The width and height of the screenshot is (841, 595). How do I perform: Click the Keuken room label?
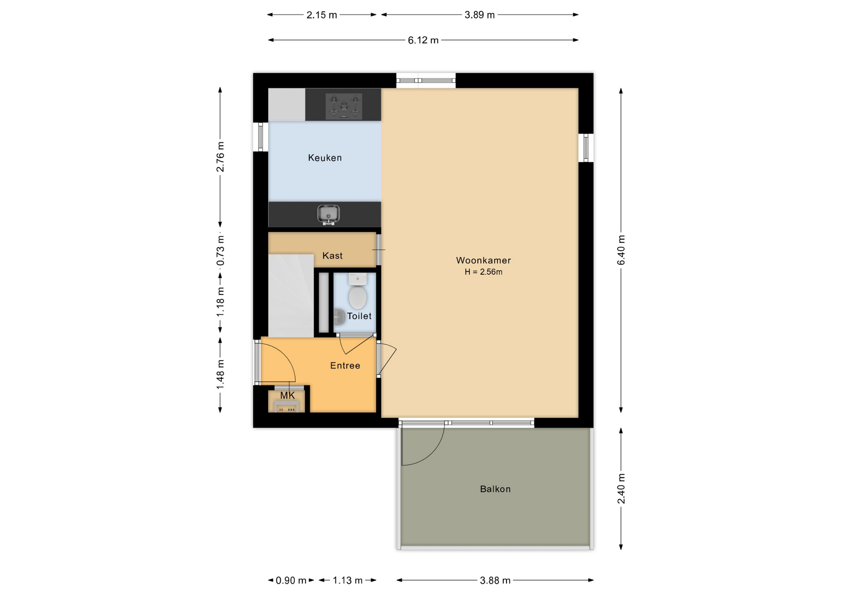point(325,158)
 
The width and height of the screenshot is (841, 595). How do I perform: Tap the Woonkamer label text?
point(484,260)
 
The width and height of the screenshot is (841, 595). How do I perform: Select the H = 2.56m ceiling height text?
point(484,272)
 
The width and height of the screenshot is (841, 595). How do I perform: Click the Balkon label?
point(495,489)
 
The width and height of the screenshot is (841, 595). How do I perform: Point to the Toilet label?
point(359,316)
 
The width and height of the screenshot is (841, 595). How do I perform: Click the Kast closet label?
point(332,256)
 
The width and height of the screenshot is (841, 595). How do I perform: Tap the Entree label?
point(345,365)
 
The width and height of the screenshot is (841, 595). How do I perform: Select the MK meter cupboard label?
point(287,396)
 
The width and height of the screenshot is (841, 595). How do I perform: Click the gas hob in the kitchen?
point(344,106)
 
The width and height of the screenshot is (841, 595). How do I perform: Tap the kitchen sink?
point(329,215)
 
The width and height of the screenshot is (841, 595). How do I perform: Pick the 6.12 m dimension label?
point(423,40)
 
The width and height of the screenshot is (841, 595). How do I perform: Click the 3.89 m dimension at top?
point(480,15)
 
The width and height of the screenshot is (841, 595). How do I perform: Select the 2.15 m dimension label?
point(322,15)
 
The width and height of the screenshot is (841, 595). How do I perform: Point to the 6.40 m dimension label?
point(621,250)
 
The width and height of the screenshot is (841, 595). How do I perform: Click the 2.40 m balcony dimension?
point(621,489)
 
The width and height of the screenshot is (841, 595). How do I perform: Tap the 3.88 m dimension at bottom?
point(495,581)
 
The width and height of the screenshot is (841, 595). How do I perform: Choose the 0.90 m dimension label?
point(291,581)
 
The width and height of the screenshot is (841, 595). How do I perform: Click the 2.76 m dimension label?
point(220,156)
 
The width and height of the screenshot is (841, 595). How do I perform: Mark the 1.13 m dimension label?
point(348,581)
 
